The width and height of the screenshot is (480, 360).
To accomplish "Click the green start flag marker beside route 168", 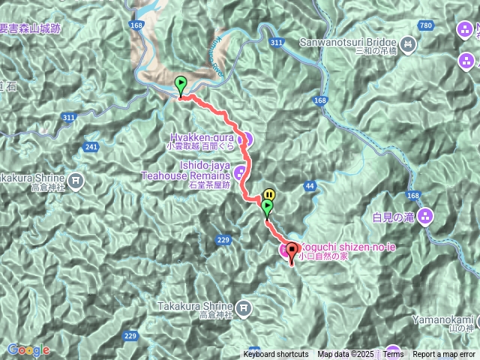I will pos(180,85).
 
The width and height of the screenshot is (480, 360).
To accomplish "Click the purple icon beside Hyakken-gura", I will pos(244,139).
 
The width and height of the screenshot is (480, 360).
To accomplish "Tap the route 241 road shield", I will pos(91,146).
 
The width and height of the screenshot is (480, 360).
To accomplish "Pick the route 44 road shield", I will pos(309,184).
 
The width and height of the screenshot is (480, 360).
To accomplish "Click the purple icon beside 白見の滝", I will pos(426,217).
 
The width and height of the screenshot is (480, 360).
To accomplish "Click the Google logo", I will pos(28,349).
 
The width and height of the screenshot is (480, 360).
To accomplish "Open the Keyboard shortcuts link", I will pos(275,355).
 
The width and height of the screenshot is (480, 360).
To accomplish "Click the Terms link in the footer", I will pos(393,355).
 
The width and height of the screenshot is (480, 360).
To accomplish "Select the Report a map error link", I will pos(445,355).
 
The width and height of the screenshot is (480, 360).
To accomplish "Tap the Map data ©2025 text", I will pos(345,355).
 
